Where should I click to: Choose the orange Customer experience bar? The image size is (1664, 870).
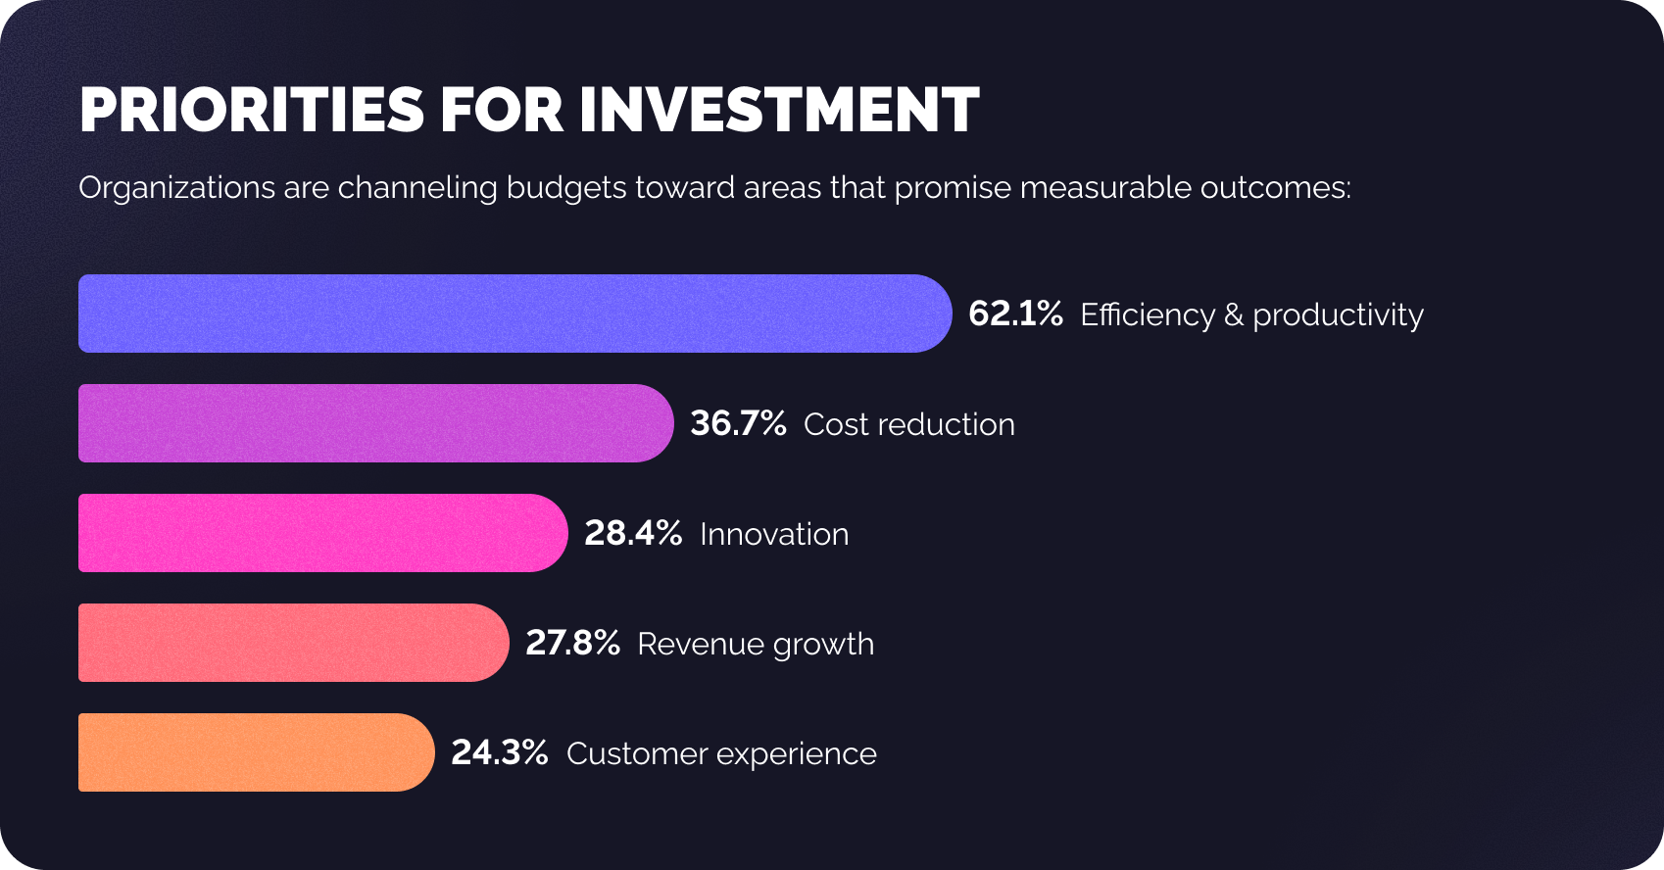[x=256, y=752]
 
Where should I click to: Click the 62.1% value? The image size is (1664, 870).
[x=1015, y=314]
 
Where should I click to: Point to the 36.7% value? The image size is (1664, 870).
[x=738, y=423]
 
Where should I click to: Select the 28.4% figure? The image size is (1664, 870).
[x=633, y=533]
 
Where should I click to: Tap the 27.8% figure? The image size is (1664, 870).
[x=572, y=643]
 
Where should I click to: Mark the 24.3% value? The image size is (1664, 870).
[x=499, y=752]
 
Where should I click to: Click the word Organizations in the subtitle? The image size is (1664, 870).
[x=176, y=187]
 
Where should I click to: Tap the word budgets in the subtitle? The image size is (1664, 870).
[x=565, y=187]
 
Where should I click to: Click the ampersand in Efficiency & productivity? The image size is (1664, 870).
[x=1233, y=314]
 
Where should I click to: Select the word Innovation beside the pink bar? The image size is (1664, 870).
[x=774, y=534]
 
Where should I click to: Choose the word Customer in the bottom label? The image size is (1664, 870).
[x=637, y=753]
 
